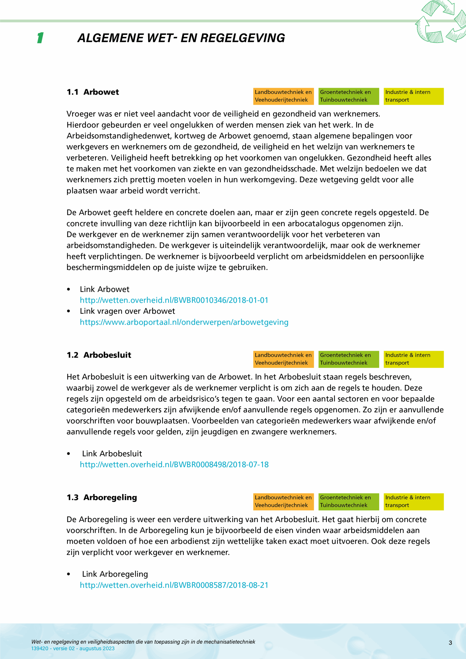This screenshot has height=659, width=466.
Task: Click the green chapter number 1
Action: [x=40, y=38]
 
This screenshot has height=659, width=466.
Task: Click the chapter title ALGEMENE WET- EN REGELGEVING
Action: [x=181, y=38]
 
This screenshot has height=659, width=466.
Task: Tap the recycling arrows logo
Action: [x=440, y=22]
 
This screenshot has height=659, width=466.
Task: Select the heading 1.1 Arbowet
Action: [x=93, y=92]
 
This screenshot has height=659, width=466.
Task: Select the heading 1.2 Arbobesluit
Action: [x=99, y=355]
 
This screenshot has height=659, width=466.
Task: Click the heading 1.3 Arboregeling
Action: [x=102, y=497]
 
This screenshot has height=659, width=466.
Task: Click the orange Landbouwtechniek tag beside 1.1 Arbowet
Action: [x=283, y=96]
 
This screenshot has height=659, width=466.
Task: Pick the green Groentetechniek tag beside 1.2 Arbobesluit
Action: [x=348, y=359]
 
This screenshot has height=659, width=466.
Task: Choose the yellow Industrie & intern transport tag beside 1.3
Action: [x=413, y=501]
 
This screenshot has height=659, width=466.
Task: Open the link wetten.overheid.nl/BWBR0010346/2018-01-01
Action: [x=174, y=300]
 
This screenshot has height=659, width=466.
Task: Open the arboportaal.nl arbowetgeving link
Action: [x=184, y=322]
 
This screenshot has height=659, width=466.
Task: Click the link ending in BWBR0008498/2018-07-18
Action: [x=174, y=465]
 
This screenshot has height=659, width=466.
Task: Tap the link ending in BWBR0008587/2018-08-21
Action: [x=174, y=585]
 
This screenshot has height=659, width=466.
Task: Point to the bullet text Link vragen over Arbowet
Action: [x=127, y=311]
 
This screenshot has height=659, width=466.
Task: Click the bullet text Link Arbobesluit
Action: [x=112, y=454]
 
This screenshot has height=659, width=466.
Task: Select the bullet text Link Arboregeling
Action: [x=115, y=574]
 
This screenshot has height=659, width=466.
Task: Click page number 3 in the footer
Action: [x=450, y=643]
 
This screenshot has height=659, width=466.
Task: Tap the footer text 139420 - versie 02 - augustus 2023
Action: [x=73, y=648]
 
